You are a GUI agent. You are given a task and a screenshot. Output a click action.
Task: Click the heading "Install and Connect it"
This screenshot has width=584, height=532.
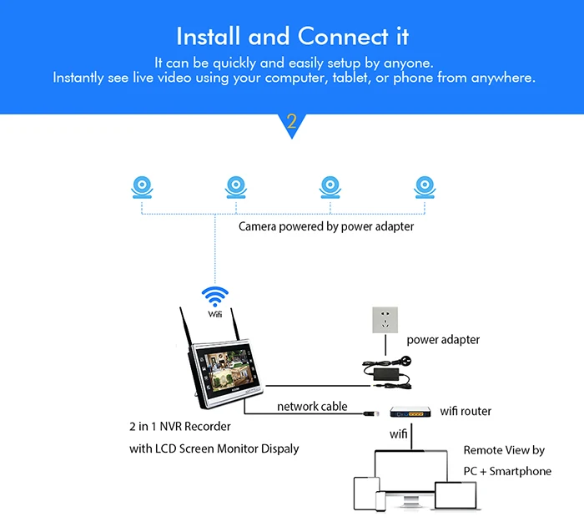click(x=292, y=37)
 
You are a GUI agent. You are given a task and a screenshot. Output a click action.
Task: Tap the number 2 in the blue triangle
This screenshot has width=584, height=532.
click(x=291, y=121)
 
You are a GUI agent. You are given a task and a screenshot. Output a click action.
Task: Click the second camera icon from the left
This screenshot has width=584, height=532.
click(x=237, y=187)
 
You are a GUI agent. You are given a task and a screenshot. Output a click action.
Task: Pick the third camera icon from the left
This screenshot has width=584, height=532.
click(x=331, y=187)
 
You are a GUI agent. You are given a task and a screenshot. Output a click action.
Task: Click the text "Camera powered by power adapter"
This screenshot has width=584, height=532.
click(x=326, y=226)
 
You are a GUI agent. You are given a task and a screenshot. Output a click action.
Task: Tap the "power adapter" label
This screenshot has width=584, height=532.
click(x=443, y=340)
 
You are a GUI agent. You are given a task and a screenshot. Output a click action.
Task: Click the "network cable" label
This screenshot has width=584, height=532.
click(x=312, y=407)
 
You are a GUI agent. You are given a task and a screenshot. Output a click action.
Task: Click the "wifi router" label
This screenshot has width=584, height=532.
click(x=465, y=411)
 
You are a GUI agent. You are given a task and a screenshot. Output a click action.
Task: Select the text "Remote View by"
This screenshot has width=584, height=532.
click(x=504, y=450)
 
